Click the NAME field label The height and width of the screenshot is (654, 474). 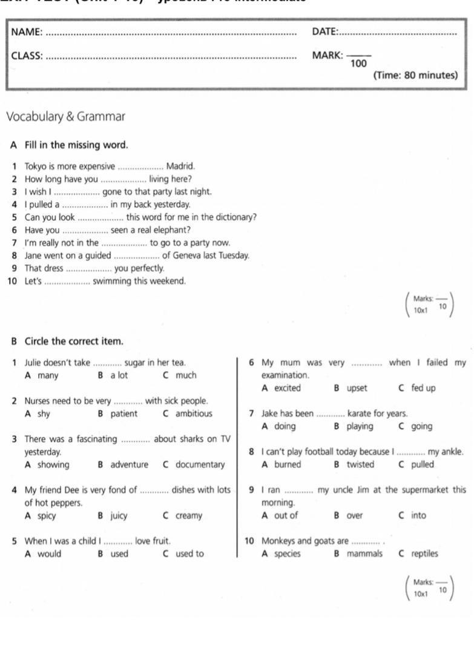[27, 32]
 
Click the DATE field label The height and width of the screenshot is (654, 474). [324, 31]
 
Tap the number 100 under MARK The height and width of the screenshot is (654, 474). [359, 63]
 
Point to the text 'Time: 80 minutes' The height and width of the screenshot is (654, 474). [415, 76]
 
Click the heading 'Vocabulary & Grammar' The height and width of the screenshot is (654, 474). [65, 116]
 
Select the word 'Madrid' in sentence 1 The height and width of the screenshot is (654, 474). [180, 166]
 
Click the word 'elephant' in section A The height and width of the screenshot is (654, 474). [173, 230]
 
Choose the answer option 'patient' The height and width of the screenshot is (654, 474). [124, 414]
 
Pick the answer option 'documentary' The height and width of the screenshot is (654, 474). [200, 465]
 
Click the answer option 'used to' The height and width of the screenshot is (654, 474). [189, 553]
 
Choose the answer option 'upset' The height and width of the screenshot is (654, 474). [357, 388]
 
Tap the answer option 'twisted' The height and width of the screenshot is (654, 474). [360, 465]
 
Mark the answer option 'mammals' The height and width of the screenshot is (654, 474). [364, 553]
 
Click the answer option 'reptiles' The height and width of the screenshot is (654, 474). [424, 553]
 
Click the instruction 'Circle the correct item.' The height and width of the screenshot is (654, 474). [74, 342]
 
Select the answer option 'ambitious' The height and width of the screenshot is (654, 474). [194, 414]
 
